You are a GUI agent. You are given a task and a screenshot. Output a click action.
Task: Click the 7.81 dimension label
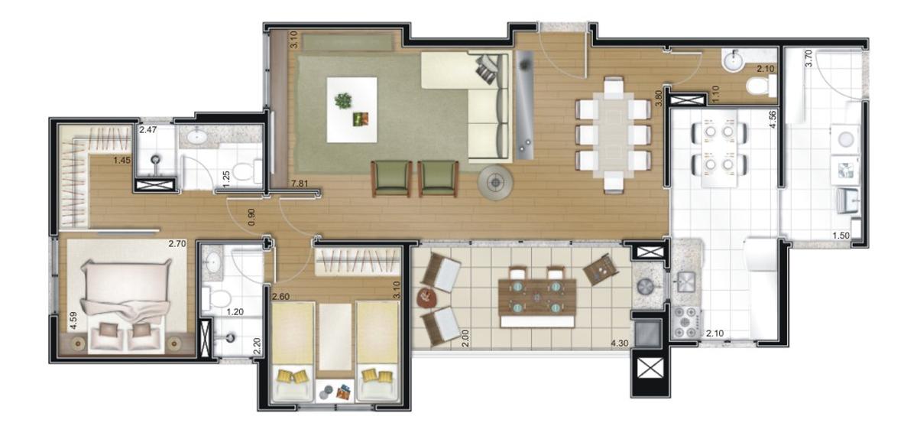click(x=300, y=184)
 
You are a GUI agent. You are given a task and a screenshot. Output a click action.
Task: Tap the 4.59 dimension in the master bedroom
click(x=73, y=320)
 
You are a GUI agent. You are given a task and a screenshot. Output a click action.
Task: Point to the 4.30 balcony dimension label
click(x=620, y=343)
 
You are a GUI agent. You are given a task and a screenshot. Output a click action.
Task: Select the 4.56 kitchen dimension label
click(x=773, y=120)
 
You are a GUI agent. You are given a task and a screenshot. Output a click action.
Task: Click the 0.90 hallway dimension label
click(x=251, y=217)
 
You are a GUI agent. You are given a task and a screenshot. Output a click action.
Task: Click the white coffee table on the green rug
click(x=352, y=110)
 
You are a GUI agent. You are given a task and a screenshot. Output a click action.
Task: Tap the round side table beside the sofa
click(x=496, y=183)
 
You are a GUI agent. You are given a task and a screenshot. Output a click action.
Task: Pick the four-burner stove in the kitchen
click(x=685, y=322)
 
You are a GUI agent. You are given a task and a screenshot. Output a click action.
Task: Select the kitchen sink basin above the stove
click(x=685, y=282)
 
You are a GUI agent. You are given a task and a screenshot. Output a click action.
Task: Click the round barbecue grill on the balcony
click(x=646, y=286)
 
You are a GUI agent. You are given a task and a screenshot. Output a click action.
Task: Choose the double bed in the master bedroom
click(x=126, y=306)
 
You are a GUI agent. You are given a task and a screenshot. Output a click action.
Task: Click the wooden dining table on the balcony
click(x=537, y=297)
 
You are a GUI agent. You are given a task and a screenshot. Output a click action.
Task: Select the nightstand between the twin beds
click(x=335, y=391)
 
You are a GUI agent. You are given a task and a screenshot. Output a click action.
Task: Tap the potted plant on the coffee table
click(x=343, y=100)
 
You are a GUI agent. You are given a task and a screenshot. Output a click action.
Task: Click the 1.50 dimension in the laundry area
click(x=841, y=236)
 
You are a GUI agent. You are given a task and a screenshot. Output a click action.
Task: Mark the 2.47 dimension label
click(x=147, y=130)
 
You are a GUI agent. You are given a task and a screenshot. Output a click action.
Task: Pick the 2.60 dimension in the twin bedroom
click(x=281, y=296)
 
